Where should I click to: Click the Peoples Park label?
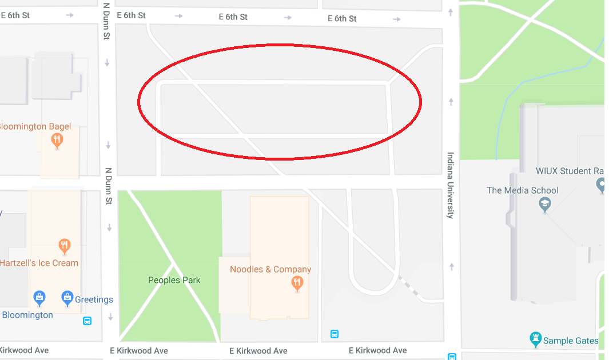[174, 280]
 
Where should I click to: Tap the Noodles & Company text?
[270, 269]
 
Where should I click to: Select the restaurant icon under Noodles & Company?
[297, 282]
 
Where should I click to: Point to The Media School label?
[522, 190]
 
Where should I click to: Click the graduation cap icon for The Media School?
[545, 205]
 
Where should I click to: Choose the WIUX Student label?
[570, 171]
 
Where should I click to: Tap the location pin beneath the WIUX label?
[601, 185]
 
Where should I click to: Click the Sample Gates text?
[571, 341]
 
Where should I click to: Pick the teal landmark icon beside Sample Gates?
[535, 339]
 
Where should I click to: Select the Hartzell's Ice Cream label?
[39, 263]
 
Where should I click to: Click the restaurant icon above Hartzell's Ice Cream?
[65, 247]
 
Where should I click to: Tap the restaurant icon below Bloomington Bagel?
[57, 140]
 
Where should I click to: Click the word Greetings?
[94, 299]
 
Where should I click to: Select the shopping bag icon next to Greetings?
[67, 298]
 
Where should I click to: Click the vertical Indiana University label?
[450, 185]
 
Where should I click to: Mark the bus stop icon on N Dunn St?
[87, 321]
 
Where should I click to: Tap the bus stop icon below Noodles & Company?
[335, 334]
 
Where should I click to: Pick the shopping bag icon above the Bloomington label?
[39, 297]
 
